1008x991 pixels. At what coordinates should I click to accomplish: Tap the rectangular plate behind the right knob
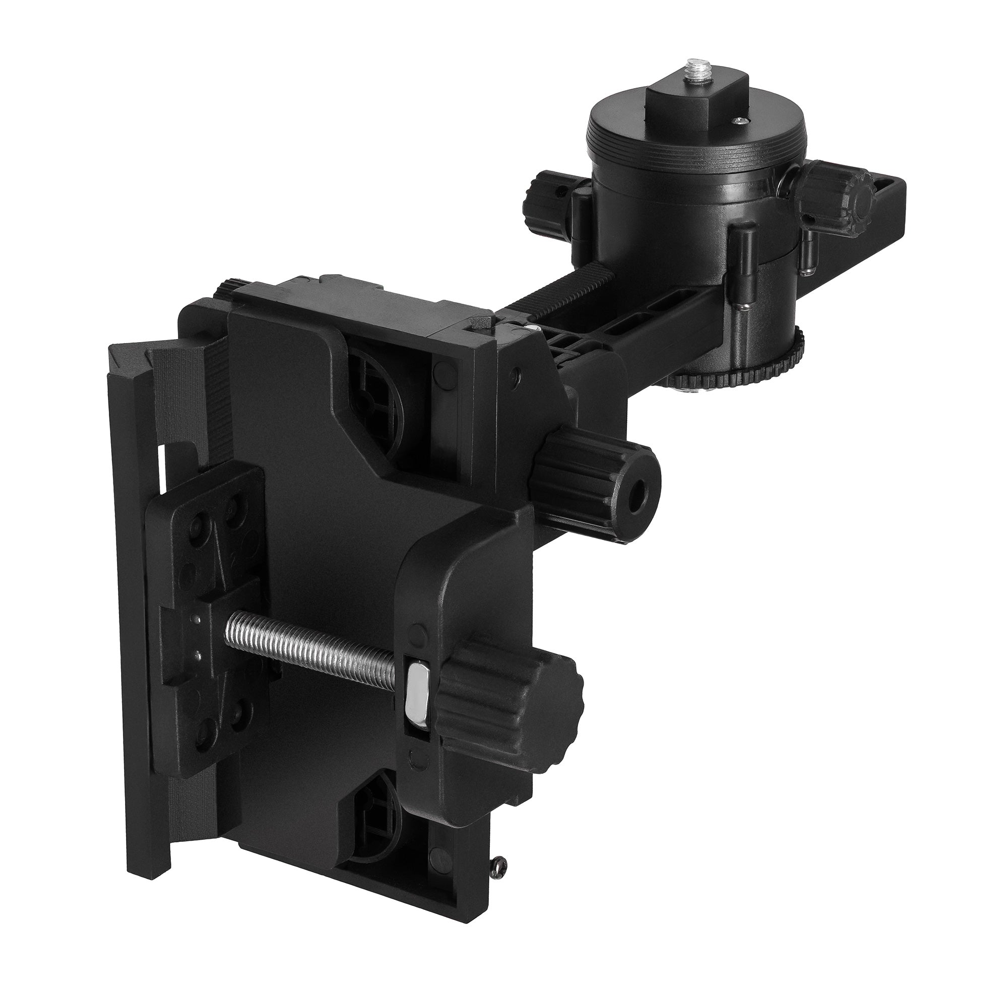[880, 208]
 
